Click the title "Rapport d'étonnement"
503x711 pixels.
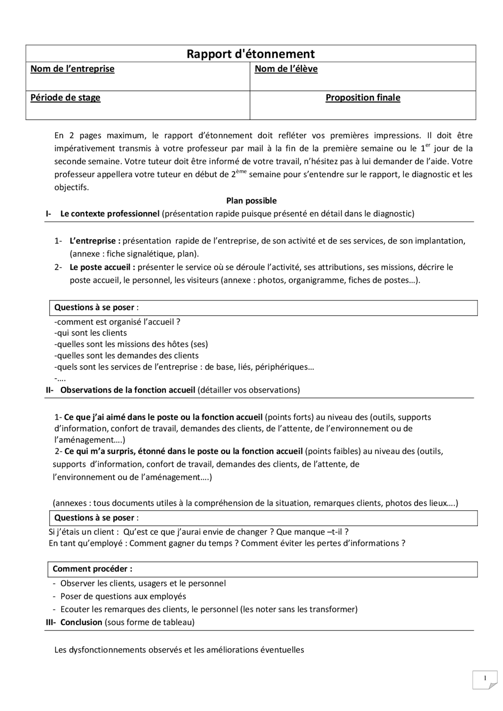click(x=251, y=54)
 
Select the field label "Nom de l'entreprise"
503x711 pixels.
click(x=72, y=69)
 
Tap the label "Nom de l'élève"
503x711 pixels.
click(x=286, y=69)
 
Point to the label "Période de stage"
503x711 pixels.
click(x=65, y=97)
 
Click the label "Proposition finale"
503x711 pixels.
click(x=363, y=97)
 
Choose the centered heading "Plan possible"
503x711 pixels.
click(x=251, y=201)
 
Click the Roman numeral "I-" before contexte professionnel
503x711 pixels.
click(x=48, y=214)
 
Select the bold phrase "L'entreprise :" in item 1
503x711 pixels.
click(x=95, y=241)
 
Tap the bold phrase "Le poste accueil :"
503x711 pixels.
click(x=102, y=267)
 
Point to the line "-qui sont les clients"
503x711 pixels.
click(x=90, y=333)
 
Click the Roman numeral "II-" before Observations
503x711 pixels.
click(x=50, y=390)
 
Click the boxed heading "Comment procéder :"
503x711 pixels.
click(x=92, y=569)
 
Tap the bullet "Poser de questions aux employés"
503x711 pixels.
click(x=123, y=596)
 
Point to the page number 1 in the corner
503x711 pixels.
click(x=485, y=678)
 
